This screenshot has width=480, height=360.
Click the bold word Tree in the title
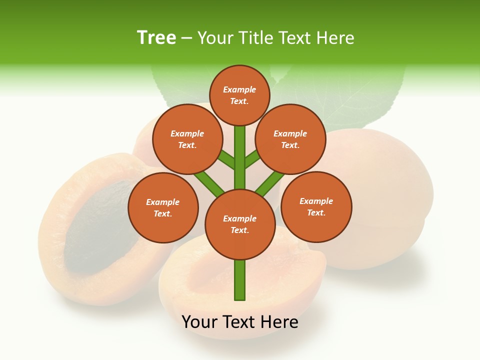[156, 37]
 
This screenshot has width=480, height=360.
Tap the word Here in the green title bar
[335, 37]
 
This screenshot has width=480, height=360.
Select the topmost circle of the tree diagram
[239, 95]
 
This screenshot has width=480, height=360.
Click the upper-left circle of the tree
[187, 139]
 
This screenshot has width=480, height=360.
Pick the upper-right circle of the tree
[290, 139]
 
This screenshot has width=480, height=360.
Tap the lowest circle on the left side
[162, 207]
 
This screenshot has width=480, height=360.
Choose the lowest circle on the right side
[316, 206]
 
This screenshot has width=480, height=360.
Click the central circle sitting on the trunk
[239, 224]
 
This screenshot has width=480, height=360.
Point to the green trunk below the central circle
[239, 280]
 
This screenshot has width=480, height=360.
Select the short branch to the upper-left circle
[226, 160]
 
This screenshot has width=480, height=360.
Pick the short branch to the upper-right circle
[252, 159]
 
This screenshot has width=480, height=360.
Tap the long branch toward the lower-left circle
[209, 182]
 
